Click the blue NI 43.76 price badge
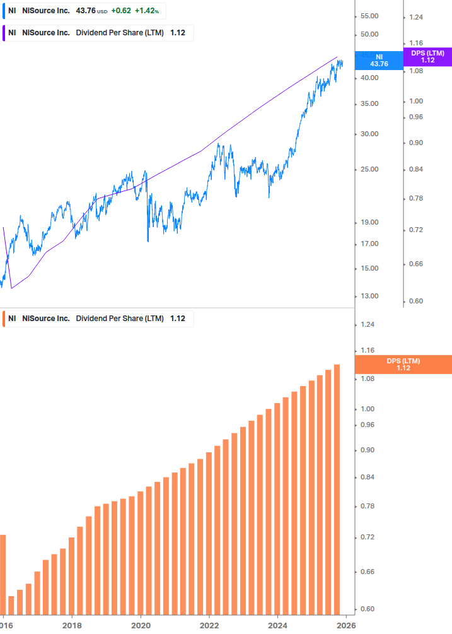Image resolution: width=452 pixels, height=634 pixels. pyautogui.click(x=379, y=60)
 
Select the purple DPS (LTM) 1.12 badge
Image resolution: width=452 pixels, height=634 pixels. pyautogui.click(x=427, y=57)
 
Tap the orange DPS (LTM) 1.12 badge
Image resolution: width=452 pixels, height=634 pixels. pyautogui.click(x=403, y=364)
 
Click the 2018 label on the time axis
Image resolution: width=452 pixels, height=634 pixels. pyautogui.click(x=72, y=625)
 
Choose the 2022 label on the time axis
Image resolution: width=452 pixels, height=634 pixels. pyautogui.click(x=209, y=625)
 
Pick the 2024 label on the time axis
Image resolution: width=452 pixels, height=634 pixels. pyautogui.click(x=278, y=625)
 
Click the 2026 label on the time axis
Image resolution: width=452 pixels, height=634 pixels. pyautogui.click(x=346, y=625)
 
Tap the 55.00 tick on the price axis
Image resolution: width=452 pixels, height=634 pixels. pyautogui.click(x=368, y=16)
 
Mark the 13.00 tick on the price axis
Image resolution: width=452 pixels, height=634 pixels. pyautogui.click(x=368, y=296)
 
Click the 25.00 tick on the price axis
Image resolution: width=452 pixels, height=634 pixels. pyautogui.click(x=368, y=169)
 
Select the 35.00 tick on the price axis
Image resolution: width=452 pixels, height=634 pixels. pyautogui.click(x=368, y=103)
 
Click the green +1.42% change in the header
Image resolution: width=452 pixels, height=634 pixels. pyautogui.click(x=147, y=11)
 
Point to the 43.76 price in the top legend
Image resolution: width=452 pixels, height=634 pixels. pyautogui.click(x=86, y=11)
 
